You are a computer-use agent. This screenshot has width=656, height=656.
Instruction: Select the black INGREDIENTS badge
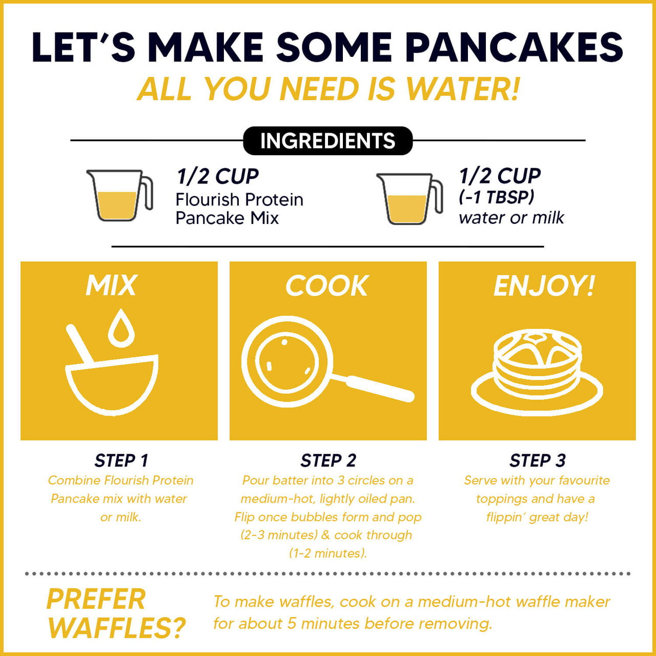pyautogui.click(x=327, y=141)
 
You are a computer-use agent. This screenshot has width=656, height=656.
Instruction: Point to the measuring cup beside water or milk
pyautogui.click(x=409, y=198)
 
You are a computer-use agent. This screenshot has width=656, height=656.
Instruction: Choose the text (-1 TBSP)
pyautogui.click(x=497, y=197)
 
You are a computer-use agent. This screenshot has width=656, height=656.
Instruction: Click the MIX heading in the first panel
pyautogui.click(x=111, y=285)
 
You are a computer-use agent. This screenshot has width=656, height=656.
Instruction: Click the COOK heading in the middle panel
pyautogui.click(x=327, y=285)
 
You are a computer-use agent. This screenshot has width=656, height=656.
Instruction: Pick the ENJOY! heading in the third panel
pyautogui.click(x=544, y=285)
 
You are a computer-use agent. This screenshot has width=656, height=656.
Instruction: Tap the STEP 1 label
pyautogui.click(x=121, y=461)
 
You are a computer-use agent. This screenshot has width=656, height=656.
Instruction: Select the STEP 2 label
pyautogui.click(x=328, y=461)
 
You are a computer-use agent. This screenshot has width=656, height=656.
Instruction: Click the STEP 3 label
pyautogui.click(x=537, y=461)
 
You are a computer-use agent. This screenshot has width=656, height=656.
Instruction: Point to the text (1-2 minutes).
pyautogui.click(x=328, y=553)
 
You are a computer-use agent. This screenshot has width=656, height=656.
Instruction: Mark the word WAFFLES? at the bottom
pyautogui.click(x=116, y=628)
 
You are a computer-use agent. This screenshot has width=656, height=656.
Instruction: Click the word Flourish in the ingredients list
pyautogui.click(x=207, y=199)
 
